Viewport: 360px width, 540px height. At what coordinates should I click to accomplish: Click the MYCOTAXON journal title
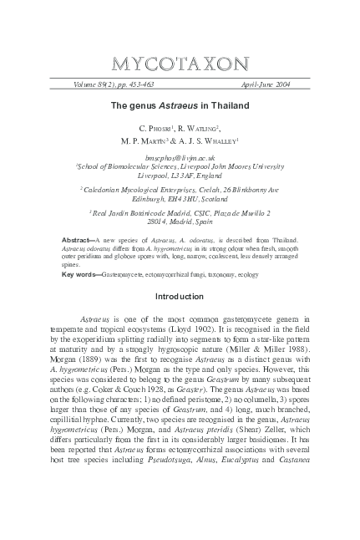click(x=180, y=64)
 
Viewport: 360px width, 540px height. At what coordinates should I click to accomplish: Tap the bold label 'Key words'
click(x=80, y=273)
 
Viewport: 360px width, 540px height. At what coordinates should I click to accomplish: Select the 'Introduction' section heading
click(x=180, y=296)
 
